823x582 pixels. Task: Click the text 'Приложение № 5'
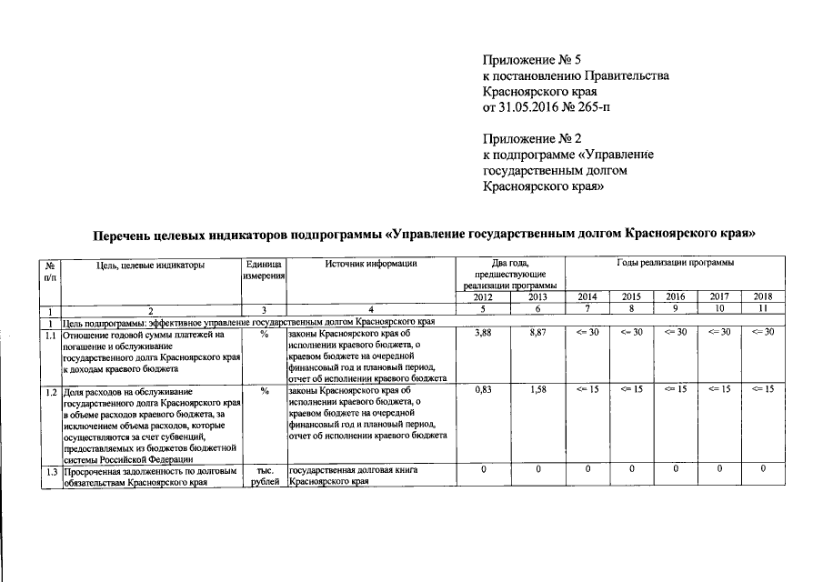tap(532, 59)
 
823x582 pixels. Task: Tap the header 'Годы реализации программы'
tap(675, 264)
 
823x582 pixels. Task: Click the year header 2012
tap(485, 297)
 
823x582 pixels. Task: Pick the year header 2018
tap(763, 297)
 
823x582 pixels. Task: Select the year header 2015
tap(631, 297)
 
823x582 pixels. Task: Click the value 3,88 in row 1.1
tap(485, 334)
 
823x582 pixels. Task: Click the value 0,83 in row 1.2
tap(485, 390)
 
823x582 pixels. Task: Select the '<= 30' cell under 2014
tap(587, 334)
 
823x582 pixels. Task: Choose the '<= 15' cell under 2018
tap(763, 390)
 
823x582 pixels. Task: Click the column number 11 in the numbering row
tap(763, 310)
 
